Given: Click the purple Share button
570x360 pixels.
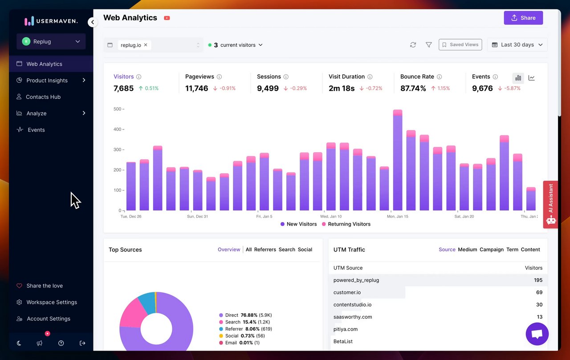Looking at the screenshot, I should click(x=523, y=18).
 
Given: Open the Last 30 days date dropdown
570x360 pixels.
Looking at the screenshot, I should click(x=517, y=44).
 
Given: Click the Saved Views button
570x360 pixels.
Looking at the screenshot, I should click(x=460, y=44).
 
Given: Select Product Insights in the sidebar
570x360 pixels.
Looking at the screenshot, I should click(x=47, y=81).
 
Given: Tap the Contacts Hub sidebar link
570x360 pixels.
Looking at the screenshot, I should click(x=43, y=97).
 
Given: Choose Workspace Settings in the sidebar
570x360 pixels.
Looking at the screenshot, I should click(x=51, y=302).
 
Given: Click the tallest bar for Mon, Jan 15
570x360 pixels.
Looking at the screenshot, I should click(x=398, y=160).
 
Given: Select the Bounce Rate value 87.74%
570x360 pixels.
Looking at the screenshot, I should click(x=413, y=89).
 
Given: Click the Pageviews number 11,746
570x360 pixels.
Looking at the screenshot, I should click(x=196, y=89).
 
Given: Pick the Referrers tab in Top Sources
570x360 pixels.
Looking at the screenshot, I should click(x=265, y=250).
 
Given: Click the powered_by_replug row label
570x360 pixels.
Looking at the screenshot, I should click(x=356, y=280).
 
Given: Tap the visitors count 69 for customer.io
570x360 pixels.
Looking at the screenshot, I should click(x=539, y=292).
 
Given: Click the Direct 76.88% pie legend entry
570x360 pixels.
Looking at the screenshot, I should click(x=245, y=315).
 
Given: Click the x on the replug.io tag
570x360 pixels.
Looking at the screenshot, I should click(x=146, y=45).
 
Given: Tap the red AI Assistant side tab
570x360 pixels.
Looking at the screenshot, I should click(x=551, y=204).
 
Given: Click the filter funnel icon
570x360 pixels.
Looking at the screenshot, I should click(x=428, y=45).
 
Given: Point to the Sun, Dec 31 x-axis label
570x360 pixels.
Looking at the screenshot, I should click(x=197, y=217).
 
